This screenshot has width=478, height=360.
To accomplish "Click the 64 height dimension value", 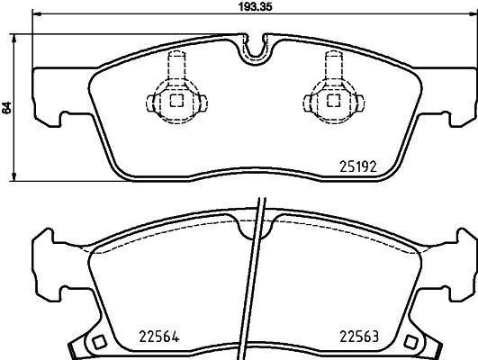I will coord(7,107).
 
